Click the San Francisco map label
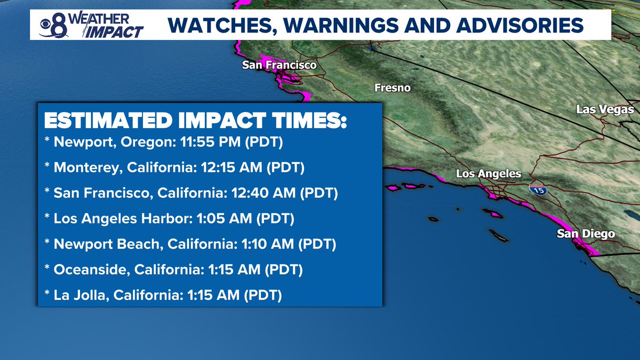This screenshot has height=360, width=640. pos(279,65)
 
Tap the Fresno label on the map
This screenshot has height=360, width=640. pos(393,88)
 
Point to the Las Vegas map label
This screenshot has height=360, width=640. pos(605,110)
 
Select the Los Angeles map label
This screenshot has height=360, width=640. pos(488,174)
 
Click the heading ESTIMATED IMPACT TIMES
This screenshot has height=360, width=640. pos(195,121)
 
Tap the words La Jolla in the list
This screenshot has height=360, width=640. pos(74,294)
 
